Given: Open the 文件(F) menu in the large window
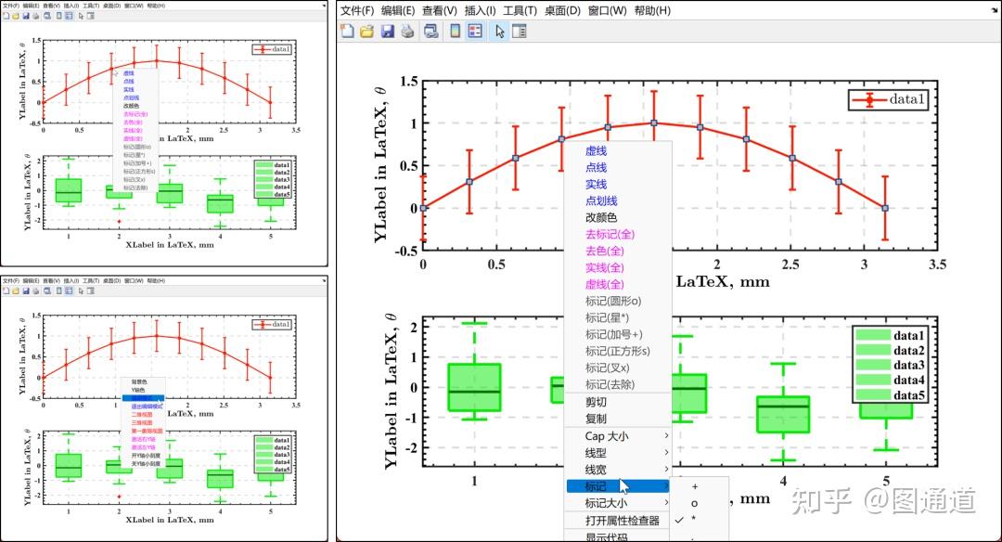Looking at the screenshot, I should tap(357, 11).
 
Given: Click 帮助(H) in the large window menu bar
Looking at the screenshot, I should tap(651, 11).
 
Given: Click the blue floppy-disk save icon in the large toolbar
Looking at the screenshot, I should tap(387, 32).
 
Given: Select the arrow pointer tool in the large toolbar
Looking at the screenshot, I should tap(499, 32).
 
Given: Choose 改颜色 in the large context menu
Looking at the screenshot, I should tap(601, 217).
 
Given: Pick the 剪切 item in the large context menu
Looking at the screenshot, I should tap(596, 402).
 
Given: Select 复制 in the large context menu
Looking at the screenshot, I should tap(596, 419).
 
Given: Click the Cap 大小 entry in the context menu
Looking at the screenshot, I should tap(607, 436).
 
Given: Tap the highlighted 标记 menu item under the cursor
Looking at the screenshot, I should tap(596, 486).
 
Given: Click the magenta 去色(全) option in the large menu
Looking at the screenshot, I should tap(605, 251).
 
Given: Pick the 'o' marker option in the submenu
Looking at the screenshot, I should tap(694, 503).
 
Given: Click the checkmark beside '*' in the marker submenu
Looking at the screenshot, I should tap(679, 520).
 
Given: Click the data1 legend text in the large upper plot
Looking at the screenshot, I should tap(908, 99).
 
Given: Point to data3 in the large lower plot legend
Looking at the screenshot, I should tap(908, 366).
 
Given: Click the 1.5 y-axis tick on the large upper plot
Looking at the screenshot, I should tap(405, 82).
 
